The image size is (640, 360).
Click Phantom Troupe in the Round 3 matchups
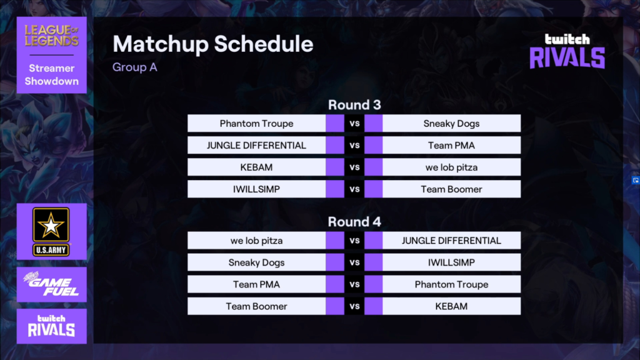(x=256, y=123)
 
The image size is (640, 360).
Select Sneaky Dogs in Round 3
(x=451, y=123)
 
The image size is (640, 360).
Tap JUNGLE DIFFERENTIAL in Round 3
(x=256, y=145)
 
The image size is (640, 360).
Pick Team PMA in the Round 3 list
(x=451, y=145)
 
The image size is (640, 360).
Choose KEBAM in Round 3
(x=256, y=167)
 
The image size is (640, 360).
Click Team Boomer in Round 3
(x=451, y=189)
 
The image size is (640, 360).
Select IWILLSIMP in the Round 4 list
(x=451, y=262)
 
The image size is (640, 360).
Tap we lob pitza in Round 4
(x=256, y=241)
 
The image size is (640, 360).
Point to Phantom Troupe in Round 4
(x=451, y=284)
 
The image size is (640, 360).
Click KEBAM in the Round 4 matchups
(x=451, y=306)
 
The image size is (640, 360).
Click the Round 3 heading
(x=354, y=105)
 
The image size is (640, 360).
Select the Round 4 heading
(x=354, y=222)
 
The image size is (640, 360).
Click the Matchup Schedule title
(x=213, y=44)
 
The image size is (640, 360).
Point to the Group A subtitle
(x=135, y=67)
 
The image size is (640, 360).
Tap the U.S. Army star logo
(x=51, y=231)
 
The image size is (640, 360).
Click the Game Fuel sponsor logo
(x=51, y=284)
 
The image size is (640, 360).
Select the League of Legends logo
(x=51, y=36)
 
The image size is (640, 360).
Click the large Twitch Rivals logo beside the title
(x=567, y=51)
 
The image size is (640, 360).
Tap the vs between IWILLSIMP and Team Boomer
(x=354, y=189)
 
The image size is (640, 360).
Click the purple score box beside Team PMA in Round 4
(x=335, y=284)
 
